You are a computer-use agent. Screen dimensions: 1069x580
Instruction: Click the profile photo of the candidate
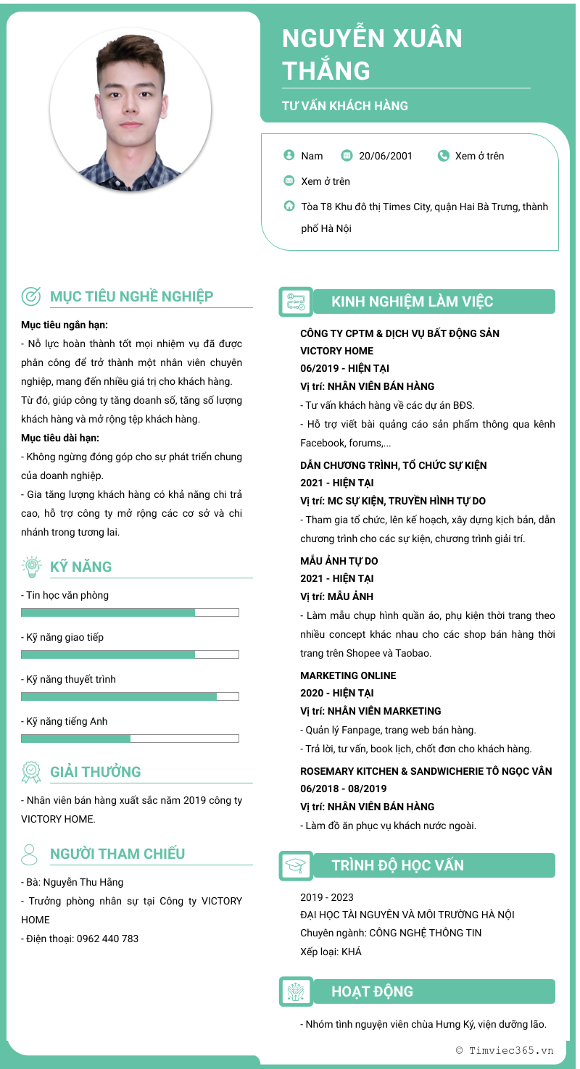pyautogui.click(x=130, y=109)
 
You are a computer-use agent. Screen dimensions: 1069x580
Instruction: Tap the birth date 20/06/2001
pyautogui.click(x=385, y=156)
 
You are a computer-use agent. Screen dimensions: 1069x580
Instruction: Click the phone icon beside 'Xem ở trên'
pyautogui.click(x=444, y=156)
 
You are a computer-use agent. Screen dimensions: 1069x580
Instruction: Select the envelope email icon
pyautogui.click(x=289, y=181)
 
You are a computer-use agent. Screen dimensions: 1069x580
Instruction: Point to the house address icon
pyautogui.click(x=289, y=206)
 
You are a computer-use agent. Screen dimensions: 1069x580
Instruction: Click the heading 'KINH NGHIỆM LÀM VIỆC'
pyautogui.click(x=412, y=301)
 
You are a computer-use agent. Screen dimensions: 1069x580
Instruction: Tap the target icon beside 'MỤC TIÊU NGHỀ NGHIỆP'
pyautogui.click(x=31, y=296)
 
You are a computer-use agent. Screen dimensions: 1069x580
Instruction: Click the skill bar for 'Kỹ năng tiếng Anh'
pyautogui.click(x=130, y=739)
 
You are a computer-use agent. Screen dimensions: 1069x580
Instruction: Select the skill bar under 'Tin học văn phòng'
pyautogui.click(x=130, y=612)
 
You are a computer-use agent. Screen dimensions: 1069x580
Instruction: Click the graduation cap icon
pyautogui.click(x=295, y=865)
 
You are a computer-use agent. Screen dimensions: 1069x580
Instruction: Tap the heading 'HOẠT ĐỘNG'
pyautogui.click(x=372, y=991)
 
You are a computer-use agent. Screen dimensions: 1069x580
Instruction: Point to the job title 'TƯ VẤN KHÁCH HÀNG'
pyautogui.click(x=345, y=106)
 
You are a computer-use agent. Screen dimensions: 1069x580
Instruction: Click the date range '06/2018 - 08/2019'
pyautogui.click(x=344, y=789)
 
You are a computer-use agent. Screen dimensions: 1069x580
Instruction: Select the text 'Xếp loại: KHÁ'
pyautogui.click(x=331, y=952)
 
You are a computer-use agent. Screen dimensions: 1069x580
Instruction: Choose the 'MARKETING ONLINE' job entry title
pyautogui.click(x=348, y=675)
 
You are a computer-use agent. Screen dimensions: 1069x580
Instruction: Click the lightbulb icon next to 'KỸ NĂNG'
pyautogui.click(x=31, y=566)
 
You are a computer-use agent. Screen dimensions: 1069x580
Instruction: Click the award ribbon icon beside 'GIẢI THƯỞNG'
pyautogui.click(x=31, y=772)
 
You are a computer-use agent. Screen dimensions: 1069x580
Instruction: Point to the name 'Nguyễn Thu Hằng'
pyautogui.click(x=83, y=882)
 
